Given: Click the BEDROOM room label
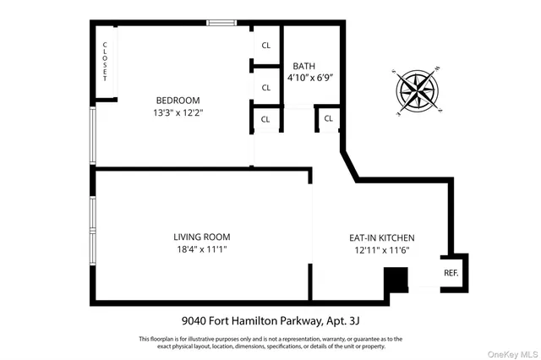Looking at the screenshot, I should coord(178,101).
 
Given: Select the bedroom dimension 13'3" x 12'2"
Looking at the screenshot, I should coord(178,112).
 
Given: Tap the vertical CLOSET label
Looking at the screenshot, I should coord(106,61).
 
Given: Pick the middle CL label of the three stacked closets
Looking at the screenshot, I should coord(265,88).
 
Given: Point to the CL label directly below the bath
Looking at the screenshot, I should coord(327,119).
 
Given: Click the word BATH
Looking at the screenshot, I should coord(304,66).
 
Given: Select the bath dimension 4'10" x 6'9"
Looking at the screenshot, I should coord(310,78).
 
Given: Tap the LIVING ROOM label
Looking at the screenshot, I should coord(201,237).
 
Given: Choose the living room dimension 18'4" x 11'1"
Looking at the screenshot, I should coord(201,249).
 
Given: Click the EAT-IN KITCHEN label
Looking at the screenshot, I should coord(382,238).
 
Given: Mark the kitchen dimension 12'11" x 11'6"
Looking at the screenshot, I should coord(382,250).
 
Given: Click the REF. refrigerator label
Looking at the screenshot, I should coord(451,274).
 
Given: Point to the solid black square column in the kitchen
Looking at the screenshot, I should coord(396,281).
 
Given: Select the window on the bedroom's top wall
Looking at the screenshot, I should coord(221,23).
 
